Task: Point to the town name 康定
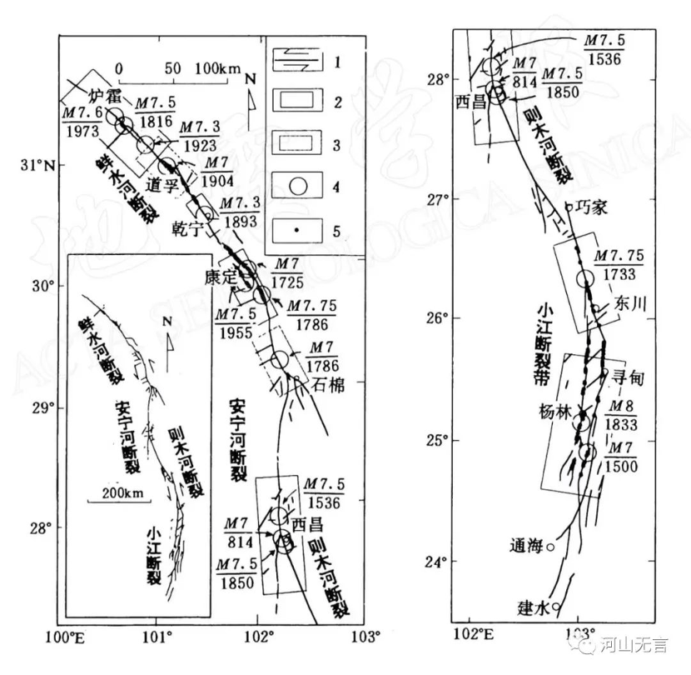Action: point(219,275)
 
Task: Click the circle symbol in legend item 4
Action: point(301,186)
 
